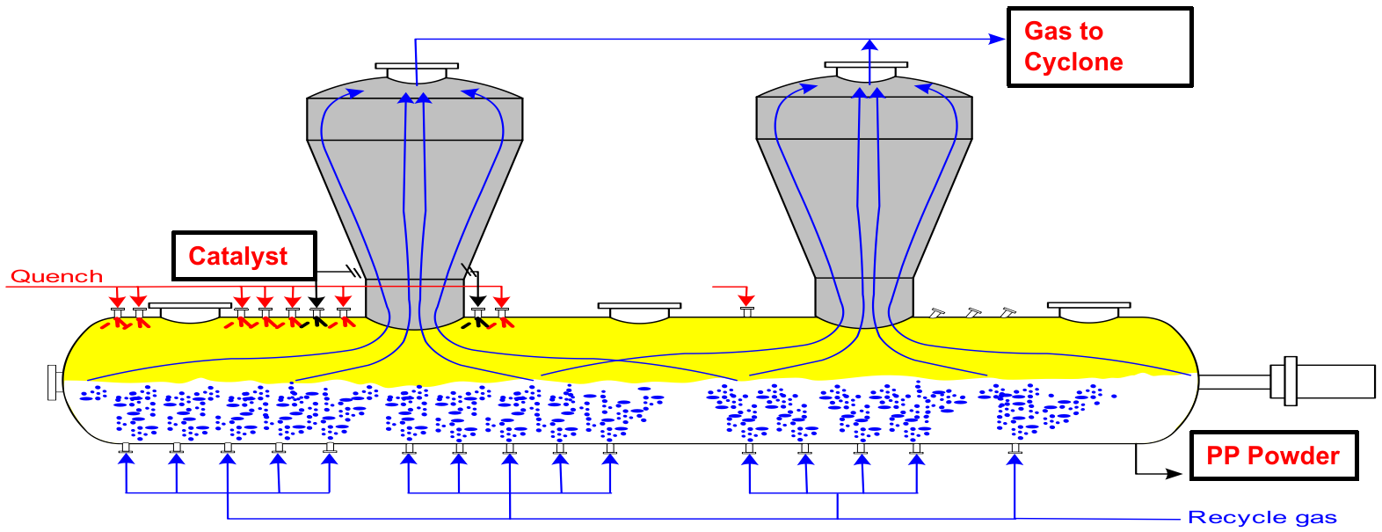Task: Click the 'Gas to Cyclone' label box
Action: [x=1099, y=47]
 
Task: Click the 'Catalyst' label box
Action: [x=244, y=256]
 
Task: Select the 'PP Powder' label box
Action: [x=1273, y=455]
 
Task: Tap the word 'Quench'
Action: [x=56, y=276]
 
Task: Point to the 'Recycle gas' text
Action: [x=1262, y=517]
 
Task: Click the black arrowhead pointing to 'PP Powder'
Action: [x=1174, y=474]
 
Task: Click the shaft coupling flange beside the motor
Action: [x=1290, y=381]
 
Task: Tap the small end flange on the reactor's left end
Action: [x=53, y=383]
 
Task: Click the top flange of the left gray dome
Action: [x=417, y=66]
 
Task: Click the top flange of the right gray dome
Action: [x=866, y=65]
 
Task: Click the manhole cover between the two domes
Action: [x=639, y=309]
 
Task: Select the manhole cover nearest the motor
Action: [x=1088, y=309]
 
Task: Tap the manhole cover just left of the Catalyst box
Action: [x=190, y=309]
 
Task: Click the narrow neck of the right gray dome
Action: [x=864, y=298]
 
